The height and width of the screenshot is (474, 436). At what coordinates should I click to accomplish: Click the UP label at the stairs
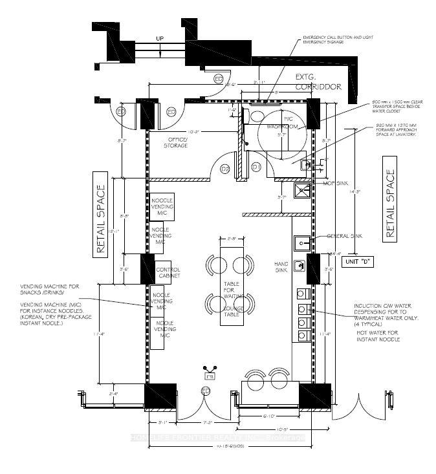point(159,39)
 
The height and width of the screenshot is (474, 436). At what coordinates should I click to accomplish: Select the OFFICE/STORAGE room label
point(177,142)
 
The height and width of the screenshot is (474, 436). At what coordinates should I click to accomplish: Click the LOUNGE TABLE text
point(233,312)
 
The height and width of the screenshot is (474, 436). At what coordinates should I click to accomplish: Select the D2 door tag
point(226,169)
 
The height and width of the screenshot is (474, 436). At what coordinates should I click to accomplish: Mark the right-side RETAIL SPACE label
point(389,205)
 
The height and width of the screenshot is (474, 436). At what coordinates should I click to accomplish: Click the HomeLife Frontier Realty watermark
point(217,438)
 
